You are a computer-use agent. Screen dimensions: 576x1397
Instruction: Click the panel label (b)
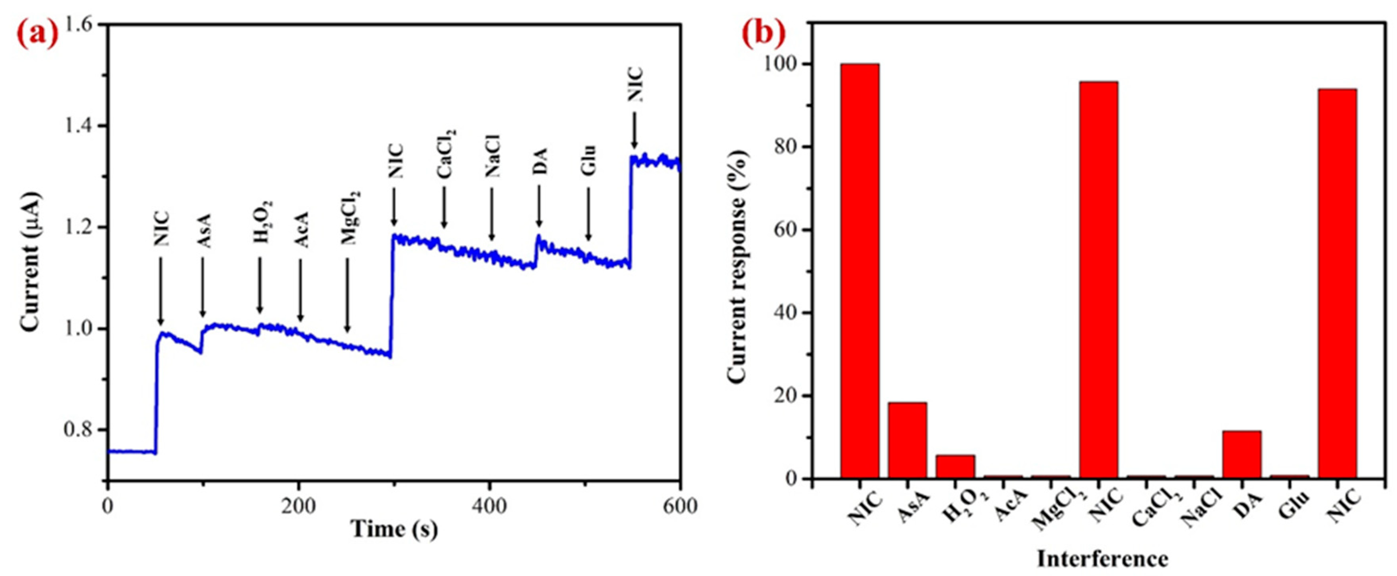763,35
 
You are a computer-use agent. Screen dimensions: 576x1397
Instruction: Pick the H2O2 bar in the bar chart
955,466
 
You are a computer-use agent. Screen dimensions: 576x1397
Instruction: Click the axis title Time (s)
394,529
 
